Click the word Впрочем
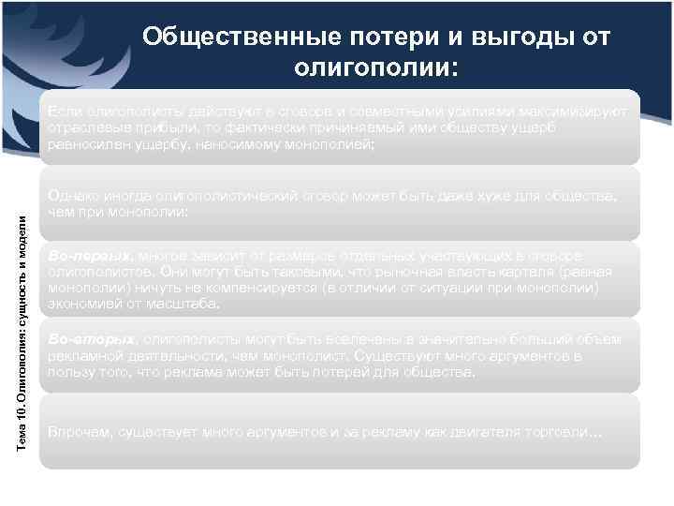tap(80, 433)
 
